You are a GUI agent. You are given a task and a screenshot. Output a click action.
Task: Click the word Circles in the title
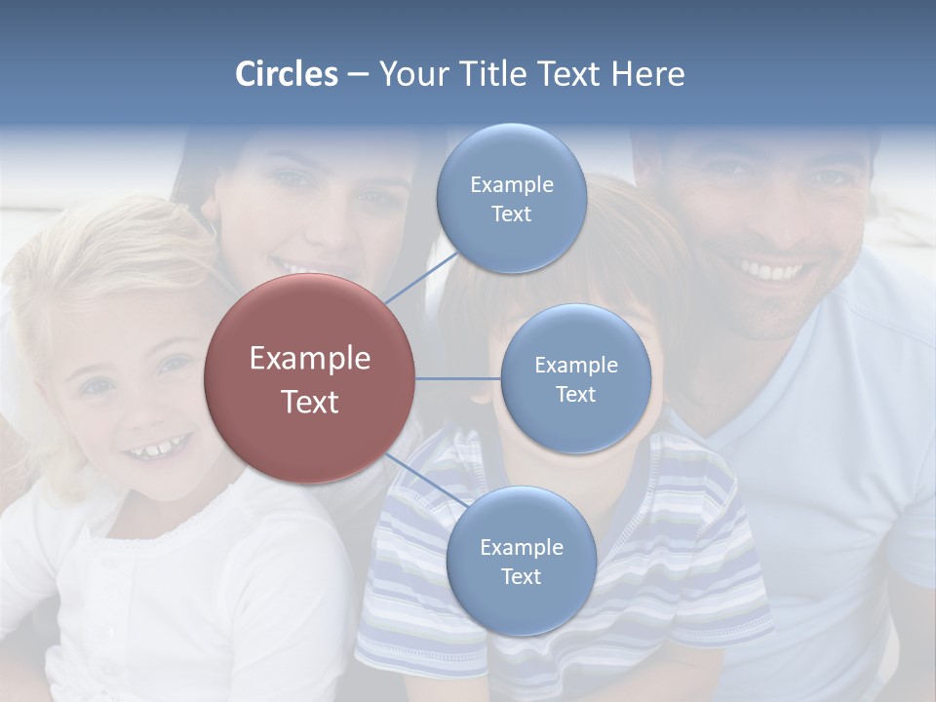coord(287,74)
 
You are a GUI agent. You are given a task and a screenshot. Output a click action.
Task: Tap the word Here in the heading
coord(648,74)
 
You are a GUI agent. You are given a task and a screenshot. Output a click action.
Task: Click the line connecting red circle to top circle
coord(420,277)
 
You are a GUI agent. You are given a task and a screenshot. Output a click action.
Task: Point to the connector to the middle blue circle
coord(458,378)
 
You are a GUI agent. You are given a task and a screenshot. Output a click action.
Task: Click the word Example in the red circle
coord(310,359)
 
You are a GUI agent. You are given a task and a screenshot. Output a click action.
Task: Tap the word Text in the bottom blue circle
coord(521,576)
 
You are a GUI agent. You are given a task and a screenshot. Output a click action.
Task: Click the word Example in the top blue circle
coord(511,184)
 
